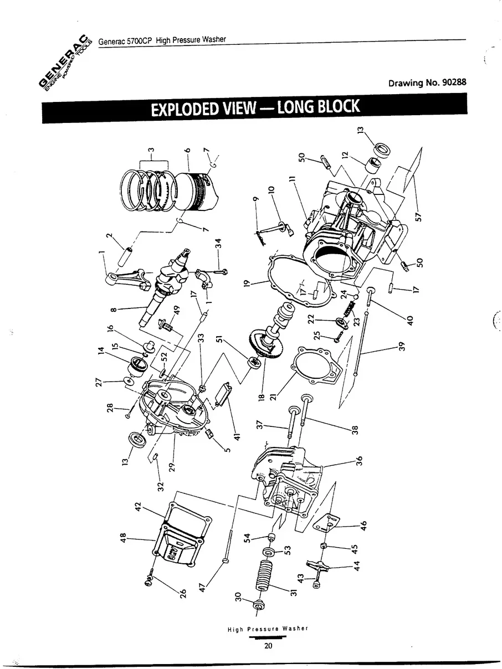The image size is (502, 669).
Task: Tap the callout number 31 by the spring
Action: click(x=294, y=591)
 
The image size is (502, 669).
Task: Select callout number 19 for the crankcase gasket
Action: click(x=247, y=287)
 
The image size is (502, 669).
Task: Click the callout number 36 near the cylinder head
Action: click(x=359, y=460)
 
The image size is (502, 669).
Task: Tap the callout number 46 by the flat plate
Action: click(x=363, y=525)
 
